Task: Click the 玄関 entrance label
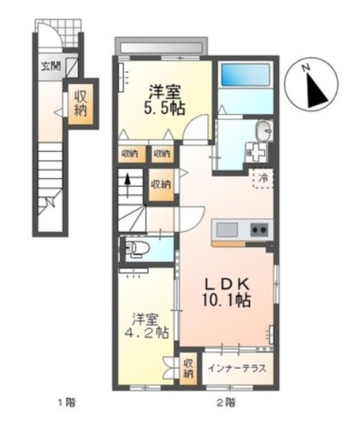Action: coord(50,67)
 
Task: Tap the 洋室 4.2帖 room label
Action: coord(150,326)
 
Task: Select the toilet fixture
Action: coord(135,248)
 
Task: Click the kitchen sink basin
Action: coord(227,230)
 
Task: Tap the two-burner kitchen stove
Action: coord(259,230)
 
